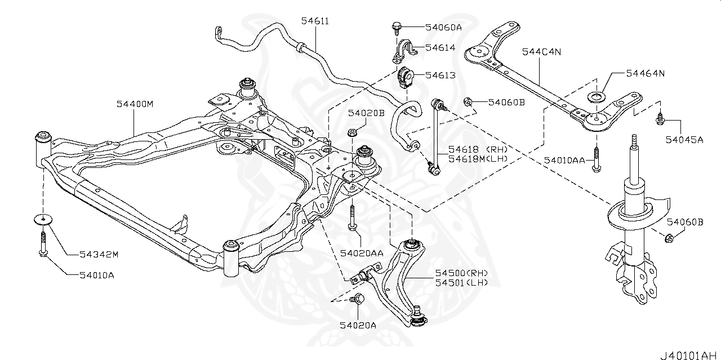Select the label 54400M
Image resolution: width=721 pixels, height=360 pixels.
click(135, 104)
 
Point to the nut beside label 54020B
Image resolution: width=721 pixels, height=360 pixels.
click(351, 133)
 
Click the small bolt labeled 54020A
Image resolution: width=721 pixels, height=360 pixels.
click(356, 300)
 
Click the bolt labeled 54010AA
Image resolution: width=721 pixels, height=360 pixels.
click(595, 160)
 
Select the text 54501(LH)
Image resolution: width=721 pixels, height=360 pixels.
click(461, 282)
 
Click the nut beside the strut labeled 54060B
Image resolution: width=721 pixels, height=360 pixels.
click(669, 237)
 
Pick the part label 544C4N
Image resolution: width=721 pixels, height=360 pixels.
click(542, 52)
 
